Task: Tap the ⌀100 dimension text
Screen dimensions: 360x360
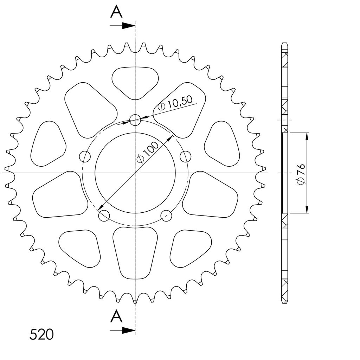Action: (148, 152)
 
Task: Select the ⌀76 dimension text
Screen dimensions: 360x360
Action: (301, 174)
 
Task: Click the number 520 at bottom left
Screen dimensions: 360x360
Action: (41, 334)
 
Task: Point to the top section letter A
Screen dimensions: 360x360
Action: (116, 12)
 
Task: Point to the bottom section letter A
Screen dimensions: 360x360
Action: (116, 316)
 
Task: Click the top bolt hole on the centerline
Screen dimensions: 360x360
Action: (135, 120)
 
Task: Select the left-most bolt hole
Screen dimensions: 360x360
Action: (85, 156)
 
